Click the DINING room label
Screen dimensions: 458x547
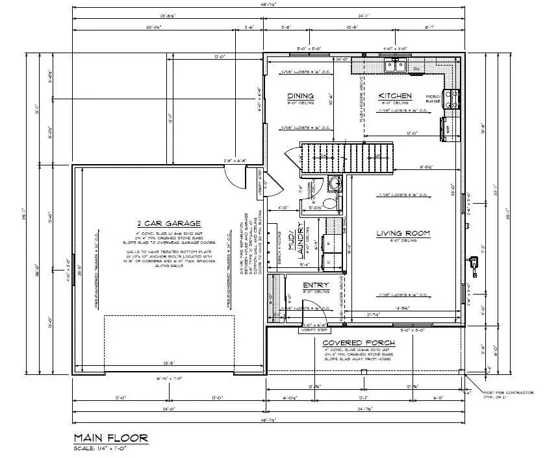tap(301, 96)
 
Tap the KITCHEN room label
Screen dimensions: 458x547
tap(395, 96)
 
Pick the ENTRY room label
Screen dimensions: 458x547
tap(316, 285)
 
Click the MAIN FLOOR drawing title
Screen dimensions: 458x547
tap(110, 439)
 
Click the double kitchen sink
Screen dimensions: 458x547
tap(395, 66)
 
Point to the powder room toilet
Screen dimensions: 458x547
tap(331, 203)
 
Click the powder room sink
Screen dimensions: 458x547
tap(335, 184)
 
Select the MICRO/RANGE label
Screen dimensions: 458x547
tap(434, 98)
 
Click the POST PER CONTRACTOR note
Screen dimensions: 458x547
tap(508, 394)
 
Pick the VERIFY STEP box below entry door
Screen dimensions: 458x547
tap(310, 330)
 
